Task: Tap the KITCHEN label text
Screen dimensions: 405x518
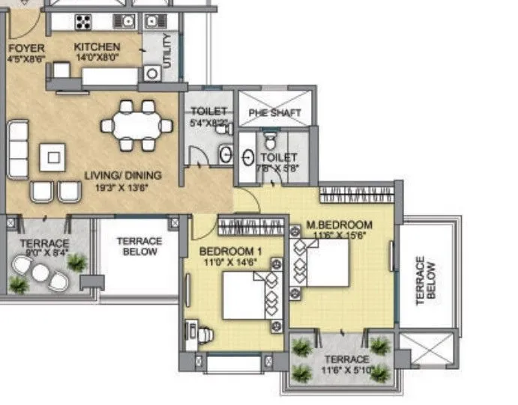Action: click(x=97, y=47)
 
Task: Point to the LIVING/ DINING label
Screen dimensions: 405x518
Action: click(x=122, y=176)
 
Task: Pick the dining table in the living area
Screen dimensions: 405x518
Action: click(x=137, y=125)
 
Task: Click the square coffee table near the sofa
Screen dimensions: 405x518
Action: click(x=53, y=156)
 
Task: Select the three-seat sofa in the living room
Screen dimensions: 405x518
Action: click(x=17, y=149)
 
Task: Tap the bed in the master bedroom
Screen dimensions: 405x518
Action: click(x=322, y=267)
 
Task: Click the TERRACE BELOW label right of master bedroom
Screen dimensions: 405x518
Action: click(x=425, y=279)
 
